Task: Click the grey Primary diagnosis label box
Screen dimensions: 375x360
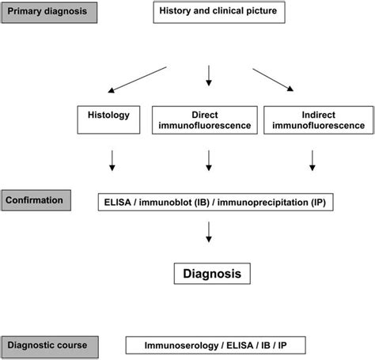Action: [x=49, y=13]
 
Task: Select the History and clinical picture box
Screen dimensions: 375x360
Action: [x=219, y=12]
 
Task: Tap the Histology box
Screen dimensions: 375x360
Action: [x=108, y=119]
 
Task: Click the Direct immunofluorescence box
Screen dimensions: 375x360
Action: [x=205, y=120]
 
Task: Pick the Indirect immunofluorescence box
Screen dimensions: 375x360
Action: [x=319, y=120]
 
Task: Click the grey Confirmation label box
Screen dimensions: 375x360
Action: [x=36, y=200]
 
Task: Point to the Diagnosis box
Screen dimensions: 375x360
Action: [x=212, y=274]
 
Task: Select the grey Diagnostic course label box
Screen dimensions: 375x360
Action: [x=50, y=347]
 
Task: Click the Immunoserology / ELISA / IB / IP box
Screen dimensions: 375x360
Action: [x=216, y=345]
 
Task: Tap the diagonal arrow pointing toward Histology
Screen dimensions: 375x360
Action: [x=137, y=80]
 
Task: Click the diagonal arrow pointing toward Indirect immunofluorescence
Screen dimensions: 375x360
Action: [x=273, y=80]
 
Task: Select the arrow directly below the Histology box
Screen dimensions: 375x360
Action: [x=112, y=161]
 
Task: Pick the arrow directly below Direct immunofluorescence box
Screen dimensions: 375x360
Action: [x=209, y=161]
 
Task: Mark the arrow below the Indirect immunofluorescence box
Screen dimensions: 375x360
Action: [x=312, y=161]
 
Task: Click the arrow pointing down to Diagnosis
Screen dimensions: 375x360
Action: [x=209, y=232]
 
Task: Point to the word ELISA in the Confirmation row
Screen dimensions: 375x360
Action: [x=117, y=203]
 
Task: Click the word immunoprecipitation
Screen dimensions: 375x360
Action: [x=263, y=203]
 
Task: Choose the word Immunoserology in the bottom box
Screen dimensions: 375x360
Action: [x=181, y=345]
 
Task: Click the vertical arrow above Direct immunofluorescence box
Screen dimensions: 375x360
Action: [x=209, y=76]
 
